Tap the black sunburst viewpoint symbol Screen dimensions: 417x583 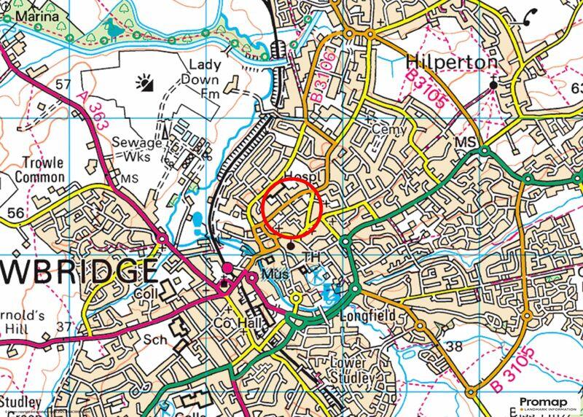(144, 85)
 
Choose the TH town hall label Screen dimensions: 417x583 (312, 257)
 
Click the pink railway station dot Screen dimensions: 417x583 (227, 269)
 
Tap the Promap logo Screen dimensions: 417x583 (549, 401)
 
